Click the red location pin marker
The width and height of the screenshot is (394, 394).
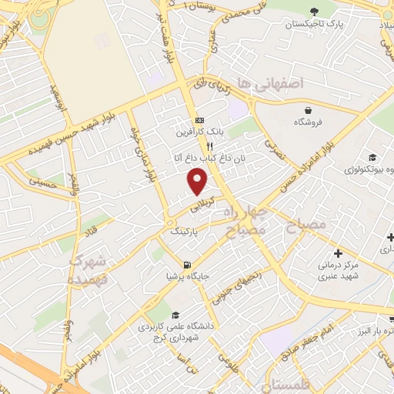click(x=198, y=181)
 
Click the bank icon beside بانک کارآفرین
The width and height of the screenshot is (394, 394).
click(x=199, y=120)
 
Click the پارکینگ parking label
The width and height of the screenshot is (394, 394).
click(x=184, y=230)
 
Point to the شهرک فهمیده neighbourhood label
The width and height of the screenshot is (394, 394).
click(x=87, y=269)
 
